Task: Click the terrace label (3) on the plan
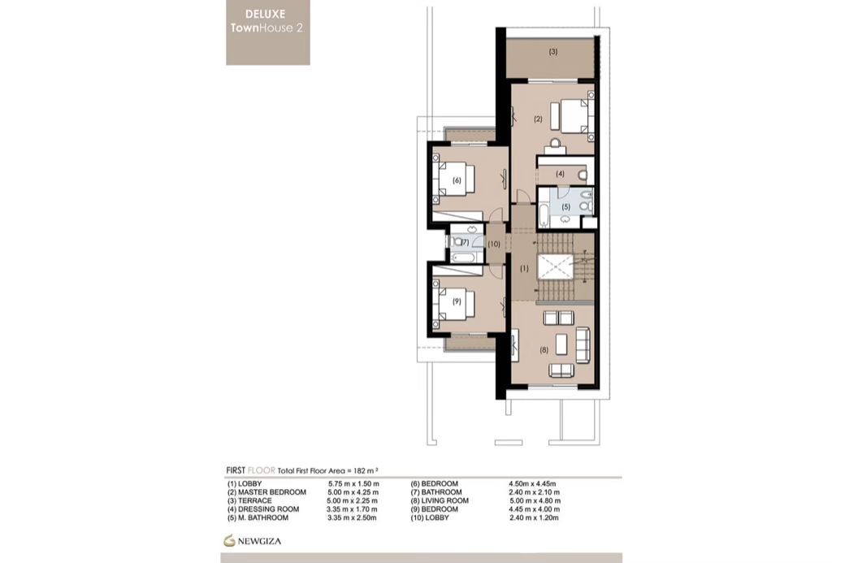point(553,52)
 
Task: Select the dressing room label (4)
point(561,174)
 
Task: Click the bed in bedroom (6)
point(456,180)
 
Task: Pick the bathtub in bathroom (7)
point(465,257)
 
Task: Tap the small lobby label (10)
point(494,244)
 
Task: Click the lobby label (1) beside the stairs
point(524,268)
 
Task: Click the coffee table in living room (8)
point(561,344)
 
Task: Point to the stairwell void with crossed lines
point(555,267)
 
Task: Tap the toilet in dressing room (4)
point(582,175)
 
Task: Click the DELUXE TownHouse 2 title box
point(268,32)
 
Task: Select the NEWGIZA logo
point(253,540)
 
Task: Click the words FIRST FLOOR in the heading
point(250,470)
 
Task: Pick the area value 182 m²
point(366,471)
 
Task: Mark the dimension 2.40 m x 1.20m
point(534,518)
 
